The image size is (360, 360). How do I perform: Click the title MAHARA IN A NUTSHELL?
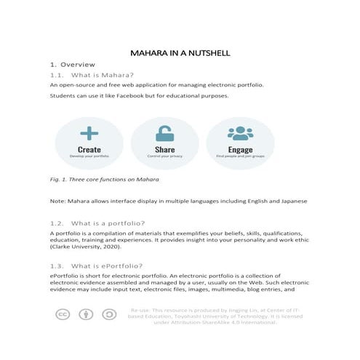(180, 53)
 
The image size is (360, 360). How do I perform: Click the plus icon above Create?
(89, 133)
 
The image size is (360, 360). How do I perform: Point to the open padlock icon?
(165, 134)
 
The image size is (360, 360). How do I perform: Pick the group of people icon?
(240, 133)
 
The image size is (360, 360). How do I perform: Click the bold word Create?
(89, 149)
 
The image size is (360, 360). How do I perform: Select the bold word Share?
(165, 149)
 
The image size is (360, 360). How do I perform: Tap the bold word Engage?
(240, 149)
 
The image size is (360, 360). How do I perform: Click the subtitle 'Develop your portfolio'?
(89, 156)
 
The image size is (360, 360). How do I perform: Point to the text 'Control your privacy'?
(165, 156)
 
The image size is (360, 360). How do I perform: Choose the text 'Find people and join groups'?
(240, 156)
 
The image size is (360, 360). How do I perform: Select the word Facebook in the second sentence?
(115, 96)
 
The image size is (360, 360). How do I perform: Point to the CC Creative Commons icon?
(63, 314)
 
